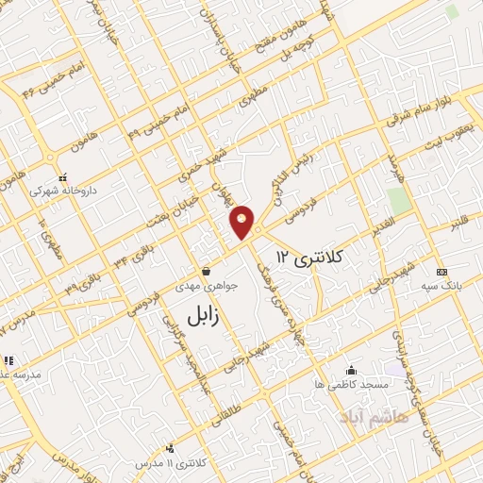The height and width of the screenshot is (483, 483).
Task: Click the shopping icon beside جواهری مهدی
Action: tap(205, 273)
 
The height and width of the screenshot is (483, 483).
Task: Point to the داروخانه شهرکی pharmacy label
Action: tap(63, 190)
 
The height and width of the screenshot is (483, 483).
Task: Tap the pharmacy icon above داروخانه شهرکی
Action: tap(63, 175)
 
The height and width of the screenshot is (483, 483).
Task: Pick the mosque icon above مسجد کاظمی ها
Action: tap(351, 370)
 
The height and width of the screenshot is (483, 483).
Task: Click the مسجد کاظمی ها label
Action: tap(351, 385)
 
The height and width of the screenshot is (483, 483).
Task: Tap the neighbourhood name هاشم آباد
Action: tap(375, 415)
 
